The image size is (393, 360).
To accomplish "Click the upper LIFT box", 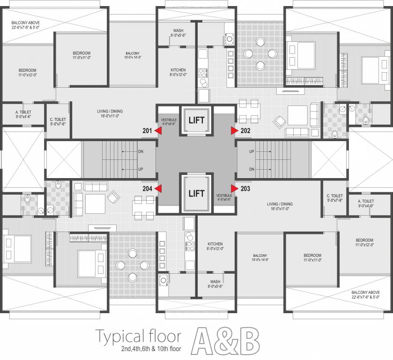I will tap(196, 120).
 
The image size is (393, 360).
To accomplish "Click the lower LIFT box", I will tap(196, 193).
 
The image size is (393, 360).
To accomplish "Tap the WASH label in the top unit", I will tap(178, 30).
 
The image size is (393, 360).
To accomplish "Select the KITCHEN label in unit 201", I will tap(178, 70).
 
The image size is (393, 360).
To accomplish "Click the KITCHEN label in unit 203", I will tap(215, 244).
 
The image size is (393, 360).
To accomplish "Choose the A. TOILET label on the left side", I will tap(23, 112).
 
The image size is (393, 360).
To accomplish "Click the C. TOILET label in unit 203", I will tap(335, 195).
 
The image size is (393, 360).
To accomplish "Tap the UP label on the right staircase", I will tap(252, 152).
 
